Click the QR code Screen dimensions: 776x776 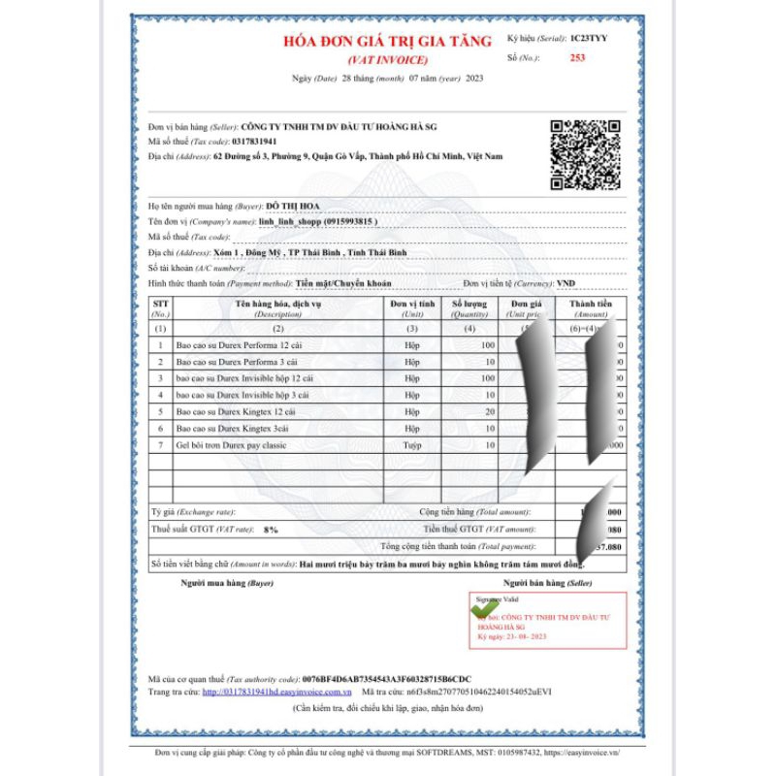[x=585, y=154]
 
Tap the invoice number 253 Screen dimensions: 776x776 [x=577, y=58]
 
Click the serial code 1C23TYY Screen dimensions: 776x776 [x=590, y=39]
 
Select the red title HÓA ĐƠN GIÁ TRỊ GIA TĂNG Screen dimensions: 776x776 [x=387, y=42]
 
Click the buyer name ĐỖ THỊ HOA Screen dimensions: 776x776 [x=293, y=206]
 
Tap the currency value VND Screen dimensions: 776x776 [x=567, y=283]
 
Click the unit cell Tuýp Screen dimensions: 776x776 [x=412, y=444]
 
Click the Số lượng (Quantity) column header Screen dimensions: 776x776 [x=470, y=308]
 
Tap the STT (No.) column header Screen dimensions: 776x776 [x=161, y=308]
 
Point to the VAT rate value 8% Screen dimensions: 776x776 [x=271, y=530]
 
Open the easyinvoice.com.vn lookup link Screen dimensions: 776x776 [x=276, y=693]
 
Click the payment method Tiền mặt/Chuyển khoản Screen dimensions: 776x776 [x=344, y=283]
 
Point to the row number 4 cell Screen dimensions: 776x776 [x=161, y=395]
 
